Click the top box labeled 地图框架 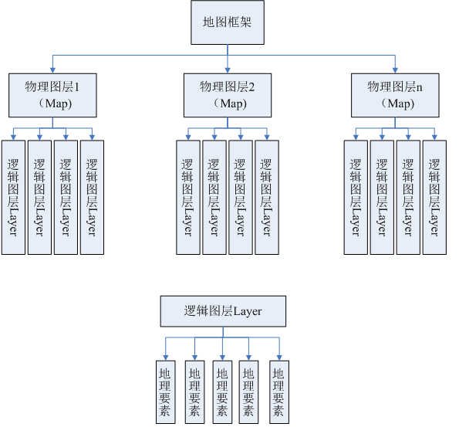(x=228, y=22)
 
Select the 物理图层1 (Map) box (x=52, y=95)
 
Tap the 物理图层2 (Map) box (x=228, y=95)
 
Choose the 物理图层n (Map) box (x=395, y=95)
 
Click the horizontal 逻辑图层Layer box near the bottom (x=223, y=311)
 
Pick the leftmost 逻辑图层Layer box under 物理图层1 (x=13, y=197)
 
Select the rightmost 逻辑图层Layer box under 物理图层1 (x=93, y=197)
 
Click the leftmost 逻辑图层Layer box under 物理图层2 (x=188, y=197)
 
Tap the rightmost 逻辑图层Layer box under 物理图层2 (x=267, y=197)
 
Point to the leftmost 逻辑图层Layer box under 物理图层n (x=356, y=197)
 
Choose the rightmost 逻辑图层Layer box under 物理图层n (x=435, y=197)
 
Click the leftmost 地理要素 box (x=166, y=392)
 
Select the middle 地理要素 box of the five (x=222, y=392)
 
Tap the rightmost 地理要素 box (x=279, y=392)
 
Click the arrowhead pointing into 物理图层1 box (x=52, y=70)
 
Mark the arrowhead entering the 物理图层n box (x=395, y=70)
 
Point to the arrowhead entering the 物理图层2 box (x=228, y=70)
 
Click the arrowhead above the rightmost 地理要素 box (x=279, y=358)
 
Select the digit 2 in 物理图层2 (x=251, y=87)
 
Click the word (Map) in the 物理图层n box (x=398, y=103)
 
